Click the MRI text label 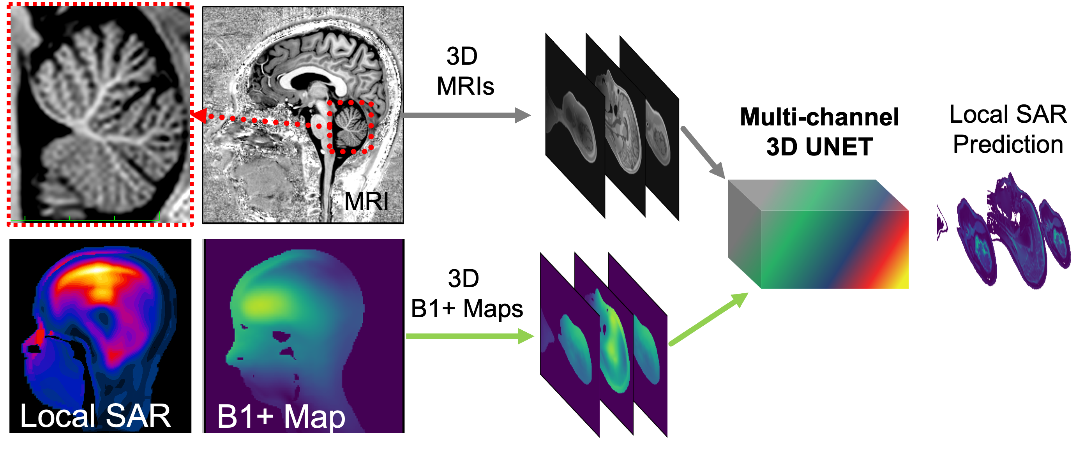point(366,201)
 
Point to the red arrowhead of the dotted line point(199,115)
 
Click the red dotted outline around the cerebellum point(372,126)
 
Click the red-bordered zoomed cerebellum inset point(100,113)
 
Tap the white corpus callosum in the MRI point(311,78)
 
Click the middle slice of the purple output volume point(1014,236)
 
